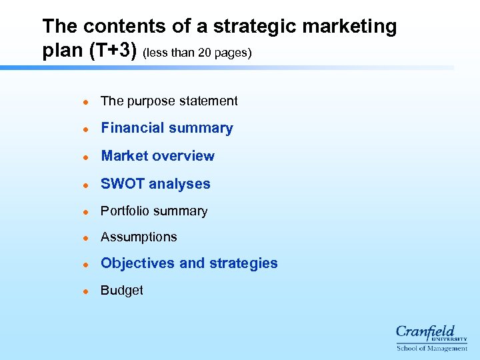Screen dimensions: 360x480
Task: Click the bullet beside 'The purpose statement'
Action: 85,101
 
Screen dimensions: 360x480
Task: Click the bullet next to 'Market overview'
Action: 85,157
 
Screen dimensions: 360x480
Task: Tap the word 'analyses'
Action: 179,184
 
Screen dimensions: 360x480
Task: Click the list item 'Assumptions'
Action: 139,237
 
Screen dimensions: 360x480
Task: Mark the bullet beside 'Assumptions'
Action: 85,238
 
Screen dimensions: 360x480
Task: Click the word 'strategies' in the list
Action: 243,263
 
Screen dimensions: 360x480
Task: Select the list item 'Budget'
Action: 121,291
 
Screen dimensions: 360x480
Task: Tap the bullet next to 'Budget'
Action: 85,291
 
